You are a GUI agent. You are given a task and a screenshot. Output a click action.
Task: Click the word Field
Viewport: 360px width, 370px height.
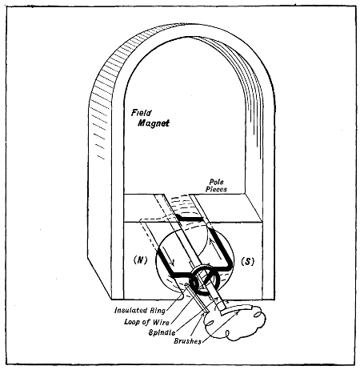[x=143, y=115]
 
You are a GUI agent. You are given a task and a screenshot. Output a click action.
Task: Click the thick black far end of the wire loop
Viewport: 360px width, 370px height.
[x=192, y=218]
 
